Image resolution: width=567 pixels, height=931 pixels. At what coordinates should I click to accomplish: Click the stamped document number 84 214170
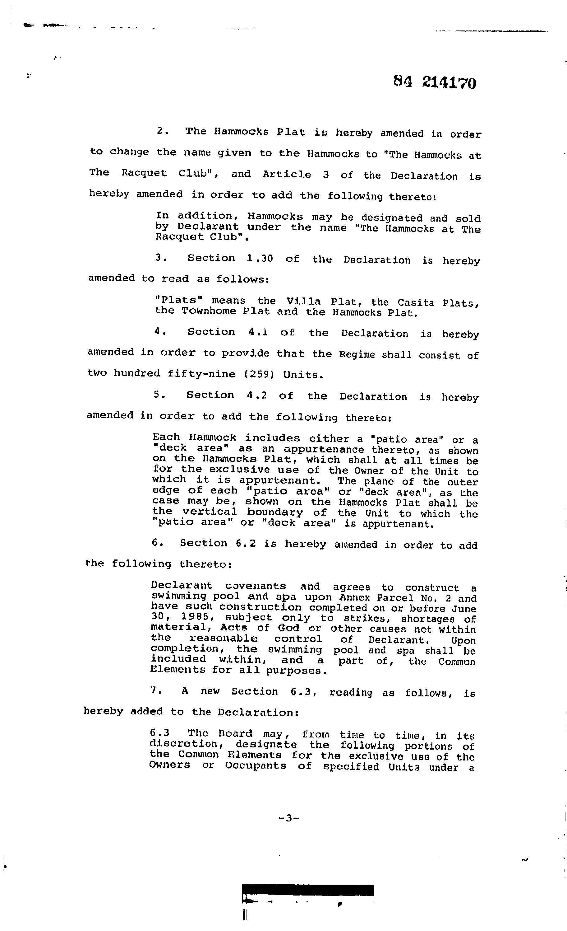coord(435,82)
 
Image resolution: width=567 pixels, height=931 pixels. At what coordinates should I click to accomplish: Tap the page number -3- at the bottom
coord(288,818)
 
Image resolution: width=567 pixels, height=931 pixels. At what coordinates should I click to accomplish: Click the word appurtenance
coord(324,449)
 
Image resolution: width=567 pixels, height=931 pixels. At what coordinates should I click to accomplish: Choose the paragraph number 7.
coord(153,690)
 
